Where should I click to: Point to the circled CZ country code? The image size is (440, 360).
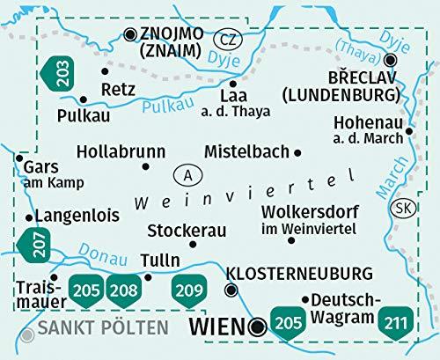(229, 40)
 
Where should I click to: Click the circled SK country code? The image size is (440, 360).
(403, 208)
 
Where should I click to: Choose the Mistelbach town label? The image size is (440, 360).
(246, 151)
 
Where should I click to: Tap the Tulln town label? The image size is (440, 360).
(161, 261)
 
